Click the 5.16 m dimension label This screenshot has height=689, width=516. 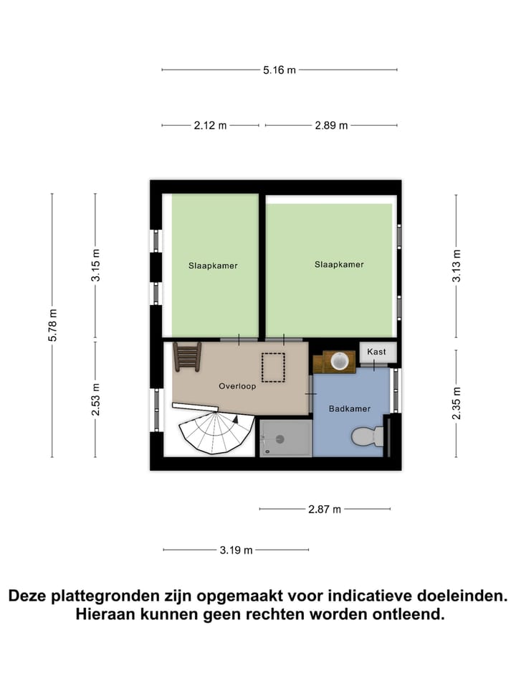click(279, 70)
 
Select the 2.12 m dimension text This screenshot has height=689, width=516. click(210, 125)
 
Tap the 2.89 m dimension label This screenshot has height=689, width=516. click(331, 125)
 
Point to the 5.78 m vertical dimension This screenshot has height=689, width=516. click(52, 325)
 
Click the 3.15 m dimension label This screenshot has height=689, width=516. click(96, 266)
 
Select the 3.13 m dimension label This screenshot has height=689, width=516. click(457, 266)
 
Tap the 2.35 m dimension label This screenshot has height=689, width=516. click(457, 403)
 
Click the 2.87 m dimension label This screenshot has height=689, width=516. click(325, 509)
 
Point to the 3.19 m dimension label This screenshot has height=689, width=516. click(236, 550)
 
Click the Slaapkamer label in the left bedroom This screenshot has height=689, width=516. click(213, 266)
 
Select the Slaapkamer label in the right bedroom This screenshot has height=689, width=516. click(339, 264)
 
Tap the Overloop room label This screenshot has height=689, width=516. click(237, 386)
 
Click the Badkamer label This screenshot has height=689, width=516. click(350, 408)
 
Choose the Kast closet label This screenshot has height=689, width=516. click(376, 352)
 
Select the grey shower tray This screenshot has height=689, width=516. click(285, 438)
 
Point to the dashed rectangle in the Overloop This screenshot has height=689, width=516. click(272, 367)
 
